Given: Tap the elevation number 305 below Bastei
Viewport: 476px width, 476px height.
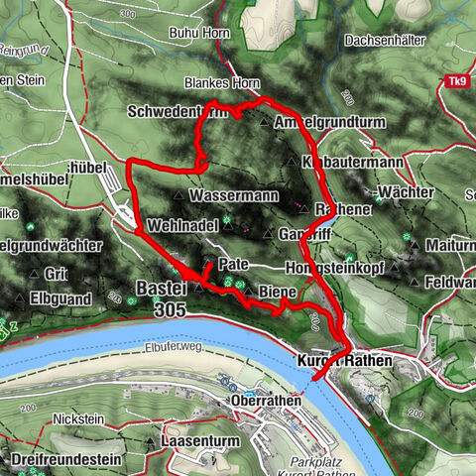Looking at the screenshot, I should click(x=169, y=308).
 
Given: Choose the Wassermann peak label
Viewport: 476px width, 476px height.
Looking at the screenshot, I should click(x=238, y=195).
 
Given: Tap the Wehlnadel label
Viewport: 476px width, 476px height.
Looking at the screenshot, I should click(x=181, y=227).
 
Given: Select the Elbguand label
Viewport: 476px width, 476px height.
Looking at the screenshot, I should click(x=72, y=297).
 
